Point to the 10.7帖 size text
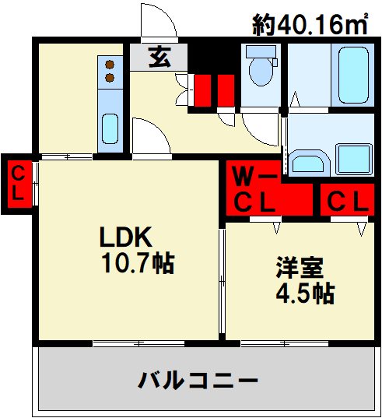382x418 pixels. click(137, 263)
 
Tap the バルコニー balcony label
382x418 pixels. click(198, 381)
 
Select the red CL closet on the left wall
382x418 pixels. click(17, 182)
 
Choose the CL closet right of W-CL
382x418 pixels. click(347, 201)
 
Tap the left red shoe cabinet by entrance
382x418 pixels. click(203, 88)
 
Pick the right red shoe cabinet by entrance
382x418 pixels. click(226, 88)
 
